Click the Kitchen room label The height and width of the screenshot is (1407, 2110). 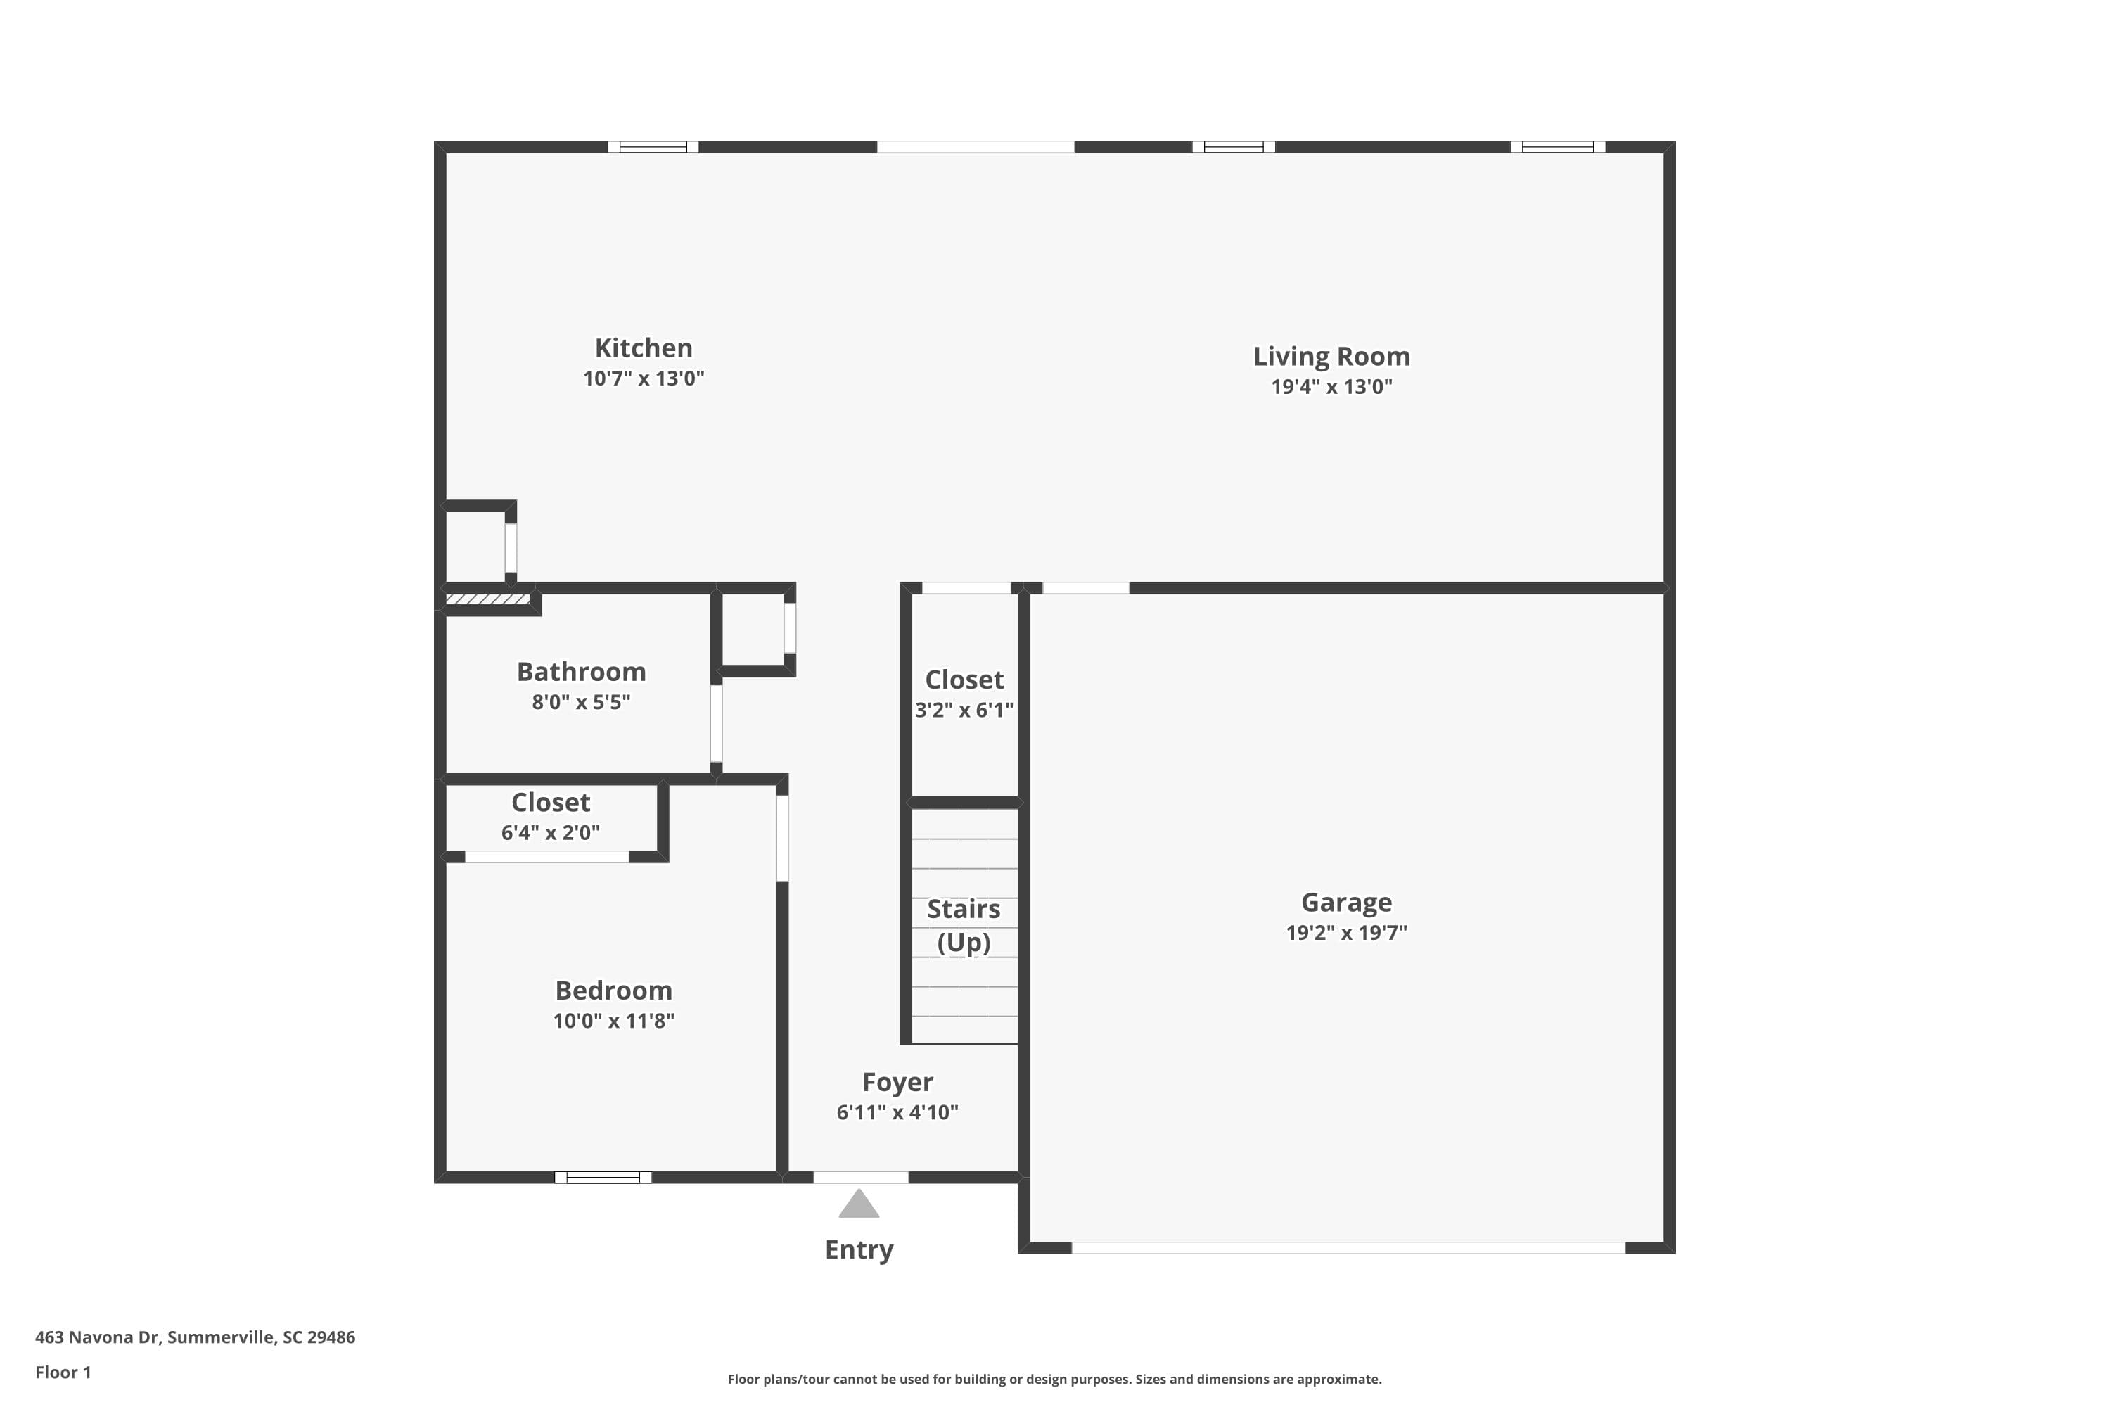644,348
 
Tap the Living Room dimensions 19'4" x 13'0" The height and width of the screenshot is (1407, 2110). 1331,387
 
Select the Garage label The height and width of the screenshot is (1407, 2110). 1345,902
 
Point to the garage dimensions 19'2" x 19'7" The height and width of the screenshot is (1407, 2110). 1345,932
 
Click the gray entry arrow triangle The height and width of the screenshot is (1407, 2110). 859,1205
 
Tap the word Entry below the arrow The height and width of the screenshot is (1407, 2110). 859,1249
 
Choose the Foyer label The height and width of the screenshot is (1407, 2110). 897,1081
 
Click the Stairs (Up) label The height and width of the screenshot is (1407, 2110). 964,925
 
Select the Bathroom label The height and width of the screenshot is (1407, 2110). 582,671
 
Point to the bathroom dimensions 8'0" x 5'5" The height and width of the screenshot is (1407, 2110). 582,701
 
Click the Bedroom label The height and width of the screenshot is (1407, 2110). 613,990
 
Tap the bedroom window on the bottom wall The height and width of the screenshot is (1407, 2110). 603,1177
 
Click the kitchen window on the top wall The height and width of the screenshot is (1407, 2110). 653,147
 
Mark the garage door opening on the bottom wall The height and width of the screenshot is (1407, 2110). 1348,1247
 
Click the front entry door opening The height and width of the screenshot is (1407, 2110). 860,1177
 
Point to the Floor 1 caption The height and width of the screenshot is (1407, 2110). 63,1372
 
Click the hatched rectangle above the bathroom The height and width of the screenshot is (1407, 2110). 487,599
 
